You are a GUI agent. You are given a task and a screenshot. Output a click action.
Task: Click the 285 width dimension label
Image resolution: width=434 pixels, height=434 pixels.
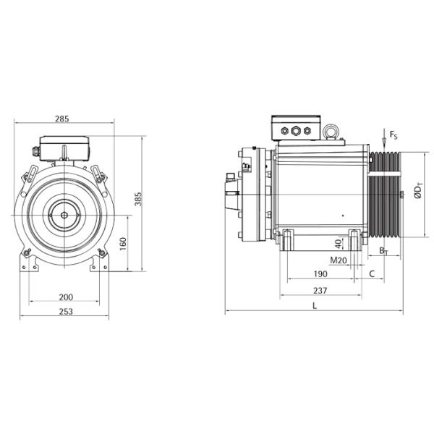pyautogui.click(x=64, y=119)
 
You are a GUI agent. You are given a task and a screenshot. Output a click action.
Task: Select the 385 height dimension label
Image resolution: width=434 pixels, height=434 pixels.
pyautogui.click(x=137, y=199)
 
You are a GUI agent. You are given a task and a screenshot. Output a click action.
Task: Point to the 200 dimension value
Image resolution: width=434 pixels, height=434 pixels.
pyautogui.click(x=66, y=297)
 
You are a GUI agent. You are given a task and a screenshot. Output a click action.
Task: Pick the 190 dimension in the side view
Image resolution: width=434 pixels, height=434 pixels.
pyautogui.click(x=320, y=275)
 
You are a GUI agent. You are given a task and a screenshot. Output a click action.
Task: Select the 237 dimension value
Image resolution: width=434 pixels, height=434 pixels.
pyautogui.click(x=320, y=291)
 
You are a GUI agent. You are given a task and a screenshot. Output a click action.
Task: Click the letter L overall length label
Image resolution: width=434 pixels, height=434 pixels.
pyautogui.click(x=314, y=306)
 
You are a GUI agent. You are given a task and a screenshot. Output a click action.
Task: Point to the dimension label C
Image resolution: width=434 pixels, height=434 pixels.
pyautogui.click(x=372, y=275)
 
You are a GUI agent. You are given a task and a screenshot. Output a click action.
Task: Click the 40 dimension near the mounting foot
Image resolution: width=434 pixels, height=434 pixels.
pyautogui.click(x=338, y=243)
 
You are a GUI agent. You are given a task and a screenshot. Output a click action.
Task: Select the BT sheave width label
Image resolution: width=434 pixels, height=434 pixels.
pyautogui.click(x=383, y=250)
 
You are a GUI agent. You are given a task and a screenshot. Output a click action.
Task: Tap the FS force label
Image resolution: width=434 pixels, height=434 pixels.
pyautogui.click(x=393, y=135)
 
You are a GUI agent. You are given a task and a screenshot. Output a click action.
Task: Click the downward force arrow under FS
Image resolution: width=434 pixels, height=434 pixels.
pyautogui.click(x=383, y=142)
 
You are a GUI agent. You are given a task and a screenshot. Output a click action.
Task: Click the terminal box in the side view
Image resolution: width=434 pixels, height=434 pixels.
pyautogui.click(x=296, y=127)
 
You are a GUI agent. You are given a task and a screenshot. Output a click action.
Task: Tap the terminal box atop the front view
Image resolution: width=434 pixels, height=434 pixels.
pyautogui.click(x=64, y=148)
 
